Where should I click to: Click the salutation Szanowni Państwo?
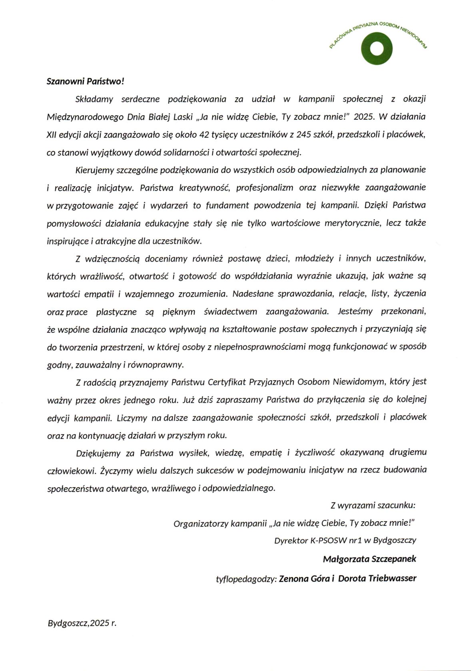pyautogui.click(x=86, y=81)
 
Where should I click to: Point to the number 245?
pyautogui.click(x=303, y=135)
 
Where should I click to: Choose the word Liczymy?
pyautogui.click(x=132, y=418)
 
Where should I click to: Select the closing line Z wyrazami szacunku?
pyautogui.click(x=373, y=505)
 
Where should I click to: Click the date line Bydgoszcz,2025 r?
pyautogui.click(x=82, y=623)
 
